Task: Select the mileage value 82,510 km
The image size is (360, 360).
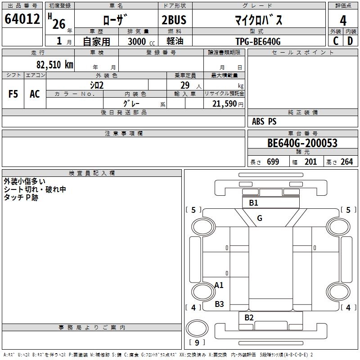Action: point(54,64)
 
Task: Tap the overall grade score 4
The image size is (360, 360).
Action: point(343,20)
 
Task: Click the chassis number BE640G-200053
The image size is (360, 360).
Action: point(302,143)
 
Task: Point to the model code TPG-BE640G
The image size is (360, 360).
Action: point(258,42)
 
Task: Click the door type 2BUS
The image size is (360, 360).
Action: point(174,20)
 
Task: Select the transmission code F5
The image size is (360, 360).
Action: point(13,94)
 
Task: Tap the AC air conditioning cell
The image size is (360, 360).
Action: point(35,94)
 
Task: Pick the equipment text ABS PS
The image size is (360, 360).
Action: point(264,121)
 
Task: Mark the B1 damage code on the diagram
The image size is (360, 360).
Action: point(253,203)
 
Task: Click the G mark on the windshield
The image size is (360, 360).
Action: point(259,218)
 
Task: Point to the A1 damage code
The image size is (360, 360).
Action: point(219,285)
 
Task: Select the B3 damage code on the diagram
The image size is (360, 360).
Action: point(219,304)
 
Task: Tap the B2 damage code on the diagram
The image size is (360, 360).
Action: point(249,318)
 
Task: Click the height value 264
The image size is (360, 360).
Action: point(346,162)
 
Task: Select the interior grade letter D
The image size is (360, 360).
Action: point(350,41)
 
